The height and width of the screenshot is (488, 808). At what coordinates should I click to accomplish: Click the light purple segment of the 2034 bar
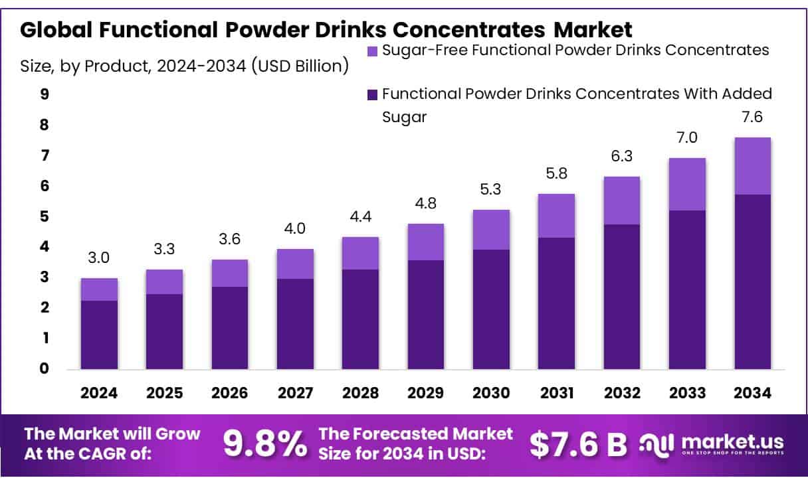tap(752, 166)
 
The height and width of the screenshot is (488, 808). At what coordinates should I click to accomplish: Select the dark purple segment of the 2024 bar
tap(99, 335)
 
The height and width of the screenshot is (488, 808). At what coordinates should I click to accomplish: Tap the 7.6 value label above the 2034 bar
tap(752, 118)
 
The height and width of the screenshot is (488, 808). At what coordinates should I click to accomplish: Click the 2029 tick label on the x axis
tap(426, 393)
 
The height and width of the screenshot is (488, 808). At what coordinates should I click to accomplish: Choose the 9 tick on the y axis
tap(45, 94)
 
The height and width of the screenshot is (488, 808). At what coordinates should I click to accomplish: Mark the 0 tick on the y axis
tap(45, 369)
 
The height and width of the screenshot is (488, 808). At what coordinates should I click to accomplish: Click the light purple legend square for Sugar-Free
tap(372, 50)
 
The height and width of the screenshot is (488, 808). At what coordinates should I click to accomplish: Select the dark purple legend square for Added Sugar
tap(372, 94)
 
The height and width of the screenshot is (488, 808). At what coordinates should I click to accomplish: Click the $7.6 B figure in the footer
tap(578, 445)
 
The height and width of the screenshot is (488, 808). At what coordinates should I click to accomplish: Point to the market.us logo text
tap(731, 442)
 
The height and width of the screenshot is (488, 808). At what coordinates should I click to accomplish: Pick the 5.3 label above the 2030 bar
tap(492, 190)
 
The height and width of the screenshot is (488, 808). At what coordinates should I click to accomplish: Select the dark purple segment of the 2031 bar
tap(557, 303)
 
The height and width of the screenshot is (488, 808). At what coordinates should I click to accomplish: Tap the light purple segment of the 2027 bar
tap(295, 264)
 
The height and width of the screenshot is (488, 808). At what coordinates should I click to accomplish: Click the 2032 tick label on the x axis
tap(622, 393)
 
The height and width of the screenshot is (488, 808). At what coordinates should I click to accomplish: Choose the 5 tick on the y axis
tap(45, 216)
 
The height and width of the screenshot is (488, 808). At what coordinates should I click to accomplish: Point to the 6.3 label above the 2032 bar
tap(622, 157)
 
